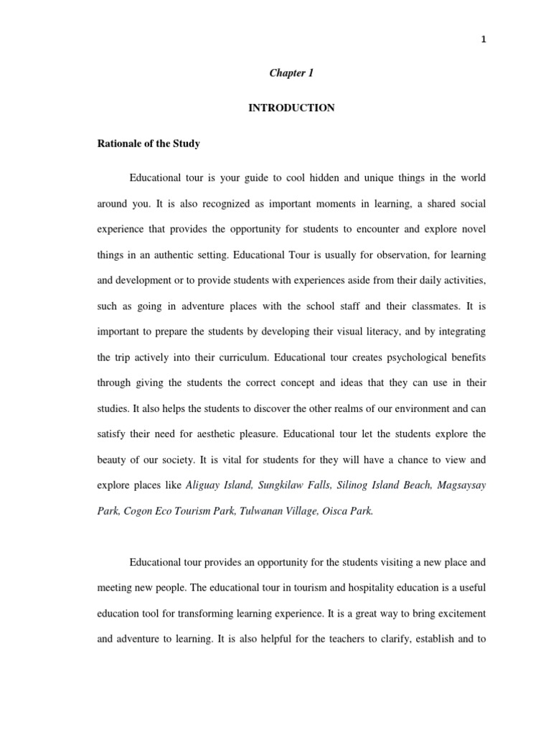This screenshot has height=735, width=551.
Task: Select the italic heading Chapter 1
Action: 291,73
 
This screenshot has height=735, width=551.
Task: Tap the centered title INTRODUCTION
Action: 291,108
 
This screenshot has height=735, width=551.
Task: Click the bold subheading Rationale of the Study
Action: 149,144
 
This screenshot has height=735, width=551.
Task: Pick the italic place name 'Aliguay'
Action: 202,485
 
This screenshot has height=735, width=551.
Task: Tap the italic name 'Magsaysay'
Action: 460,485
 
